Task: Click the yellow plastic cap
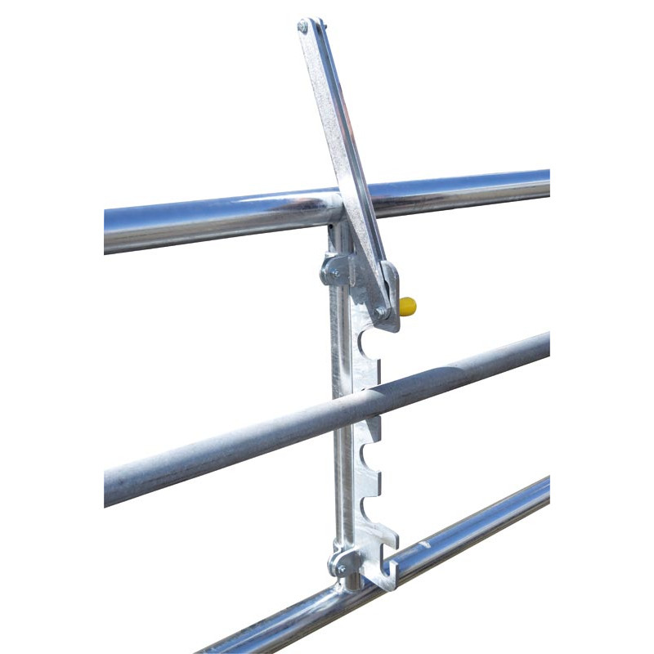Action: coord(407,307)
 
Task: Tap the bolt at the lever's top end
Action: coord(304,27)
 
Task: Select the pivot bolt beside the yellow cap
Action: coord(379,311)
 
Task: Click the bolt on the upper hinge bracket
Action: coord(335,273)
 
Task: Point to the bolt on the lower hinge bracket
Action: coord(340,570)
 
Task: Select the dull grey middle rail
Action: coord(213,458)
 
